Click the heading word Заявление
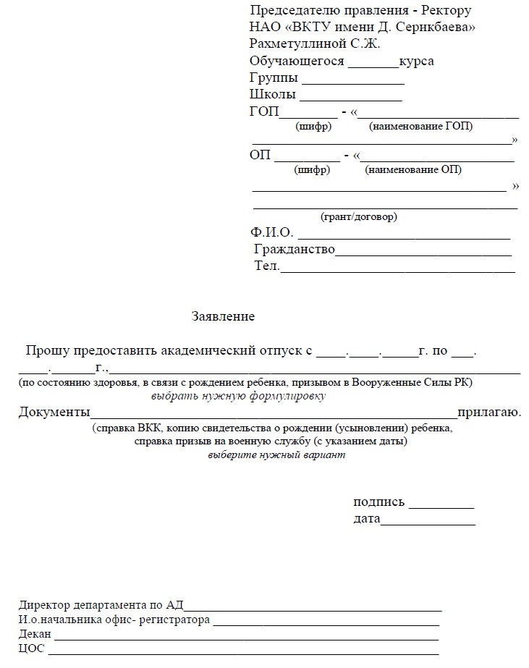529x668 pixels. [223, 317]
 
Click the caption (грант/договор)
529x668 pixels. [359, 217]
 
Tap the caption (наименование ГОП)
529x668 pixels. [420, 127]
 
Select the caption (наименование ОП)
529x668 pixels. [413, 171]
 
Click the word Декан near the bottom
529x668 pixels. [35, 635]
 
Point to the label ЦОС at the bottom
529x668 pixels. [32, 649]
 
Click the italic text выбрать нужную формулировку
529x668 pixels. [239, 397]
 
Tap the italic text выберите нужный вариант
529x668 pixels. [276, 456]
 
